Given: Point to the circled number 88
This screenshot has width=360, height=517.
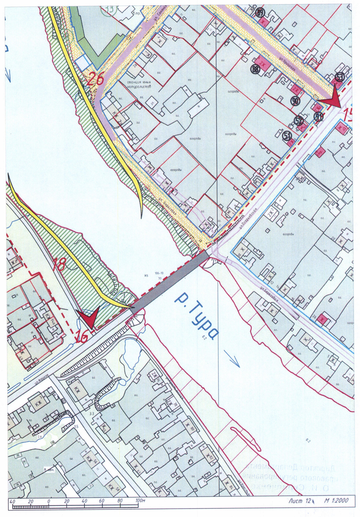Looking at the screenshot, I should pyautogui.click(x=256, y=70).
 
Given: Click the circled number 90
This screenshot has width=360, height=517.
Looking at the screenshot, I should pyautogui.click(x=295, y=101).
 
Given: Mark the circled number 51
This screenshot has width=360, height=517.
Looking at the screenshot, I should pyautogui.click(x=287, y=135).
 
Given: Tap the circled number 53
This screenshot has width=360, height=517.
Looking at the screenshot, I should pyautogui.click(x=339, y=77).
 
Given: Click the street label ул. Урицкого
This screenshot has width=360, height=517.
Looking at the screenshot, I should pyautogui.click(x=287, y=64).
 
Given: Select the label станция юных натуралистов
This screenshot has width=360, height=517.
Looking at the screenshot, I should pyautogui.click(x=139, y=84).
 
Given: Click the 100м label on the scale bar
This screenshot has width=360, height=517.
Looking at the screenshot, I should pyautogui.click(x=140, y=501).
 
